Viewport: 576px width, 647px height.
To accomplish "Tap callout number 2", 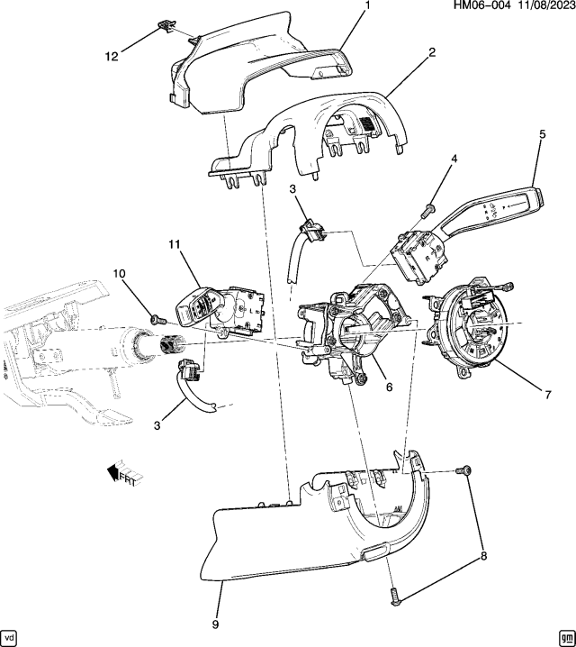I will coord(432,52).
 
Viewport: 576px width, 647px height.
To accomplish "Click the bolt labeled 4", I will coord(427,211).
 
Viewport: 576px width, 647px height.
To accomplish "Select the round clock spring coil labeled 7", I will coord(472,329).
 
